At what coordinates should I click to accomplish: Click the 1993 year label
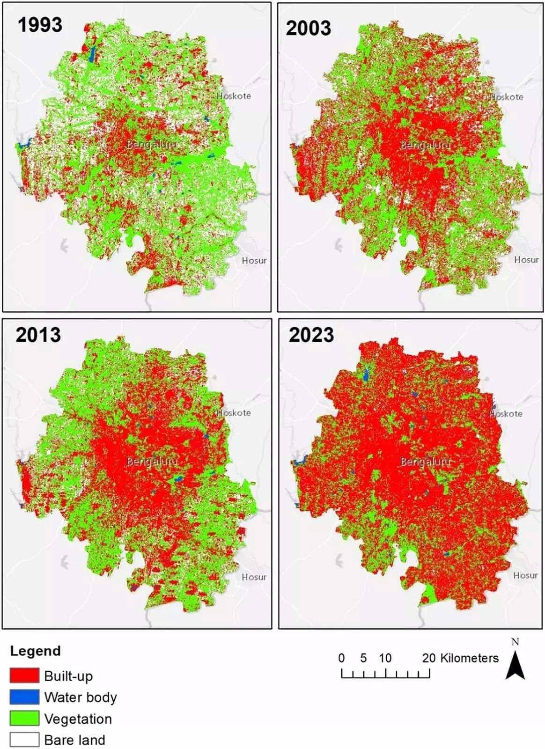coord(40,24)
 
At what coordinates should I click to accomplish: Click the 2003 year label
coord(308,29)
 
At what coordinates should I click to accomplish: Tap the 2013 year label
coord(38,335)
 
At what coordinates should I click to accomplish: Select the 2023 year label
coord(311,335)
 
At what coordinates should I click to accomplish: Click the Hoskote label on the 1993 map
coord(234,96)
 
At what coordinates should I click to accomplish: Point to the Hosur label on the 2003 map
coord(526,259)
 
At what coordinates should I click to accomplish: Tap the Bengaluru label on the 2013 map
coord(152,462)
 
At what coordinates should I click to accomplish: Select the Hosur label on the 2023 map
coord(525,575)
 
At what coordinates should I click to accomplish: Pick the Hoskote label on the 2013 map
coord(234,413)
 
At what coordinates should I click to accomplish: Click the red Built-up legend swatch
coord(24,676)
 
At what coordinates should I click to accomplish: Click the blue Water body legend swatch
coord(24,697)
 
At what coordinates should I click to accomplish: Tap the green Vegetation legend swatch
coord(24,718)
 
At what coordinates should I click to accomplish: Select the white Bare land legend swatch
coord(24,740)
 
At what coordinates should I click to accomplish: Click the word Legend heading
coord(35,651)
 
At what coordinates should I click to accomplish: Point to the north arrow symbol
coord(515,665)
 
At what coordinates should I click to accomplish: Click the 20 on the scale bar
coord(428,658)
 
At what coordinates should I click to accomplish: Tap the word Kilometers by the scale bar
coord(469,658)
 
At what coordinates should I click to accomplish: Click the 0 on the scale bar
coord(341,658)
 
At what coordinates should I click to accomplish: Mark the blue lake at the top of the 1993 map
coord(92,54)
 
